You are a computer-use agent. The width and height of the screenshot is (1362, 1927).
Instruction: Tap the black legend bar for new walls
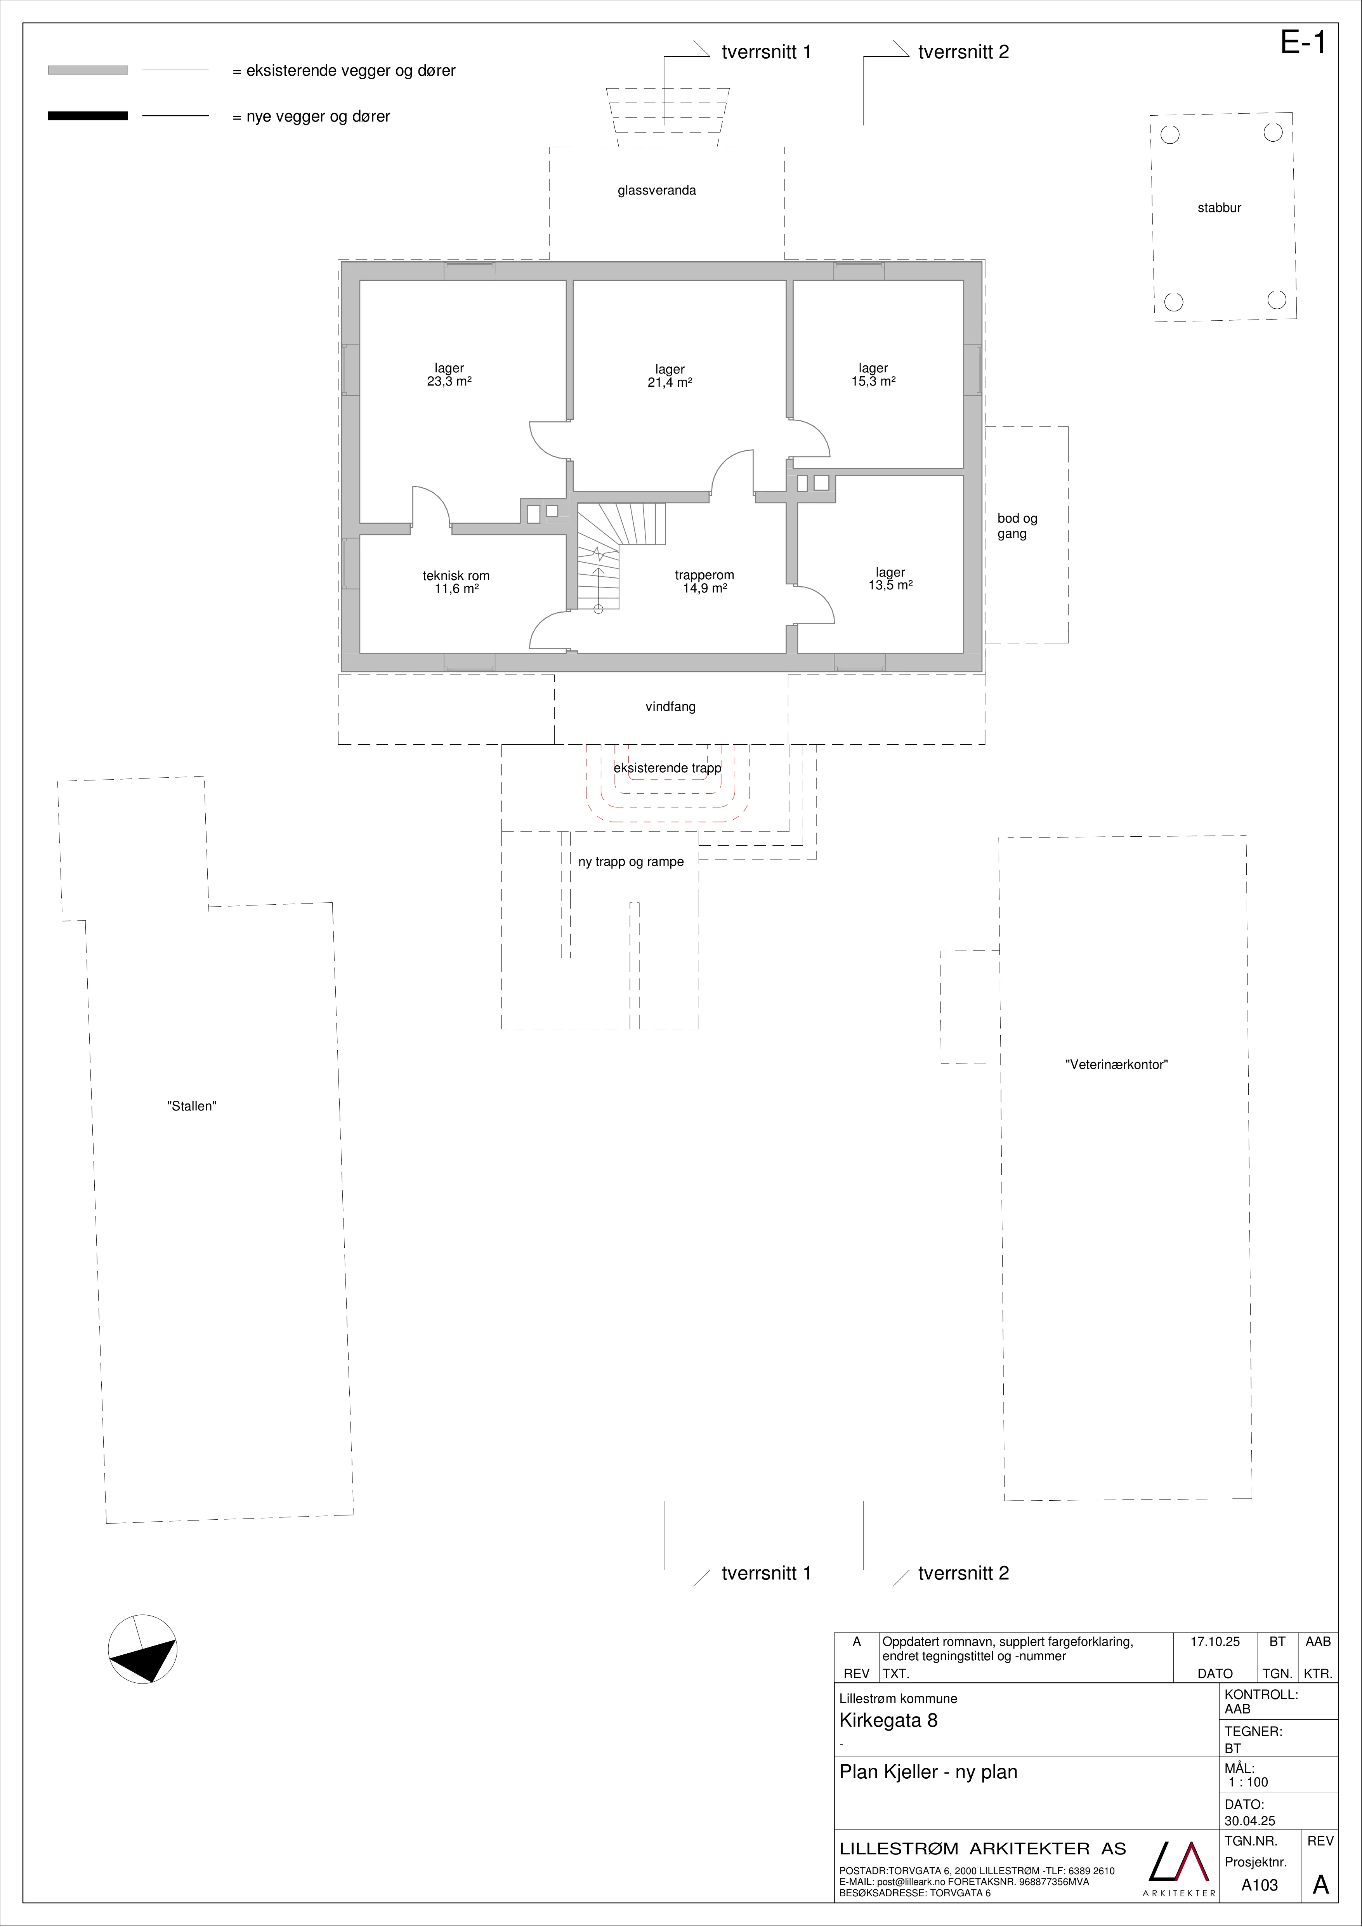point(88,116)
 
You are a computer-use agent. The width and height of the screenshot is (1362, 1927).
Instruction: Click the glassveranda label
point(657,191)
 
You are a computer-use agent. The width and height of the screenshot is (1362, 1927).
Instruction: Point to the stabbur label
point(1219,208)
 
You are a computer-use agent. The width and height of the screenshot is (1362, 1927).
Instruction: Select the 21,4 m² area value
point(670,383)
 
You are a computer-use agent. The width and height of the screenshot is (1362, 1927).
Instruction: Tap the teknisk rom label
point(456,576)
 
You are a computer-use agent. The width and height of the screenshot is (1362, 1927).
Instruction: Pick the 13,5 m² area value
point(890,586)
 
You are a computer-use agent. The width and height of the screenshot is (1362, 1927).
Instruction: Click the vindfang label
point(670,707)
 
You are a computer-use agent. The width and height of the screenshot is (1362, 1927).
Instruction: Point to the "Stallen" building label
point(192,1106)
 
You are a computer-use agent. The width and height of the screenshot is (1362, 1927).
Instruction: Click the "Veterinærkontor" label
point(1117,1064)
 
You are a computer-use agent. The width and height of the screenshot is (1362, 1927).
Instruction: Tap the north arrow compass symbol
point(143,1648)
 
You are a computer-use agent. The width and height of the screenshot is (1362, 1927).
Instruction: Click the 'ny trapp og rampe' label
point(631,862)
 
